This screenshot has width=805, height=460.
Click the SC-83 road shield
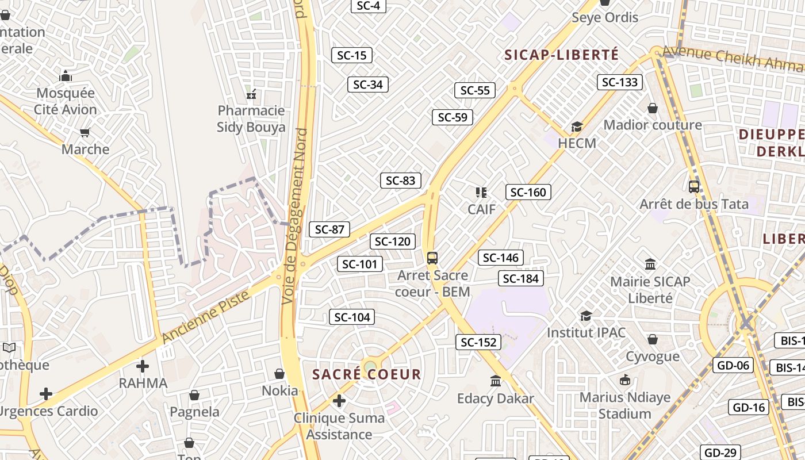point(401,181)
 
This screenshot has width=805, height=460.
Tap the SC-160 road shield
point(528,192)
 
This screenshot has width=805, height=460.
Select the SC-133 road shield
point(619,82)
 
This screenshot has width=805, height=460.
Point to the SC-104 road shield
point(352,317)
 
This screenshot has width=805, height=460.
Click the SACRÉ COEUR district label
point(366,374)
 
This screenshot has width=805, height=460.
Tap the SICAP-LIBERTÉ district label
point(561,55)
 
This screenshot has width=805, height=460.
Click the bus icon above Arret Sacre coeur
point(432,258)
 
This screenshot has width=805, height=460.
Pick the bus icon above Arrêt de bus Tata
point(694,187)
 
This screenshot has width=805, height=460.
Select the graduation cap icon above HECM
point(577,126)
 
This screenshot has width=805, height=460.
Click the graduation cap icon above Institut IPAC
point(586,316)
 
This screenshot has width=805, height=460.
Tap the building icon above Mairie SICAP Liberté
point(650,264)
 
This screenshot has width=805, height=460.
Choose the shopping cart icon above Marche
point(85,133)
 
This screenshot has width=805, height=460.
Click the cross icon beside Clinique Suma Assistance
point(339,401)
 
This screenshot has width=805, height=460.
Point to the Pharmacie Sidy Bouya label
point(251,118)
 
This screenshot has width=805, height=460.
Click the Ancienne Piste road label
point(206,317)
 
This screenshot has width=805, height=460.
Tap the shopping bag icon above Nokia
point(279,374)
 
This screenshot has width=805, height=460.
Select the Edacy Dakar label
point(496,398)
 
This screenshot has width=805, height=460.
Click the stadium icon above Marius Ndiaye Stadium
point(624,380)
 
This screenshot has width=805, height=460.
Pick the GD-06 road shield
point(733,365)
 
